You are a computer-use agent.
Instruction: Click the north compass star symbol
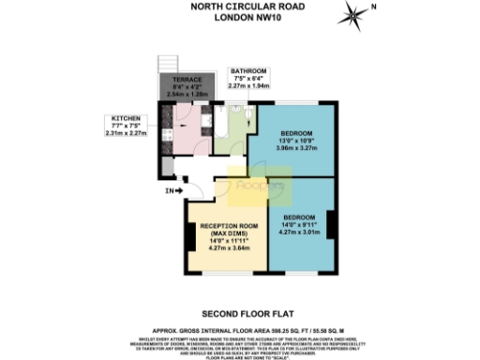click(x=352, y=14)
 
